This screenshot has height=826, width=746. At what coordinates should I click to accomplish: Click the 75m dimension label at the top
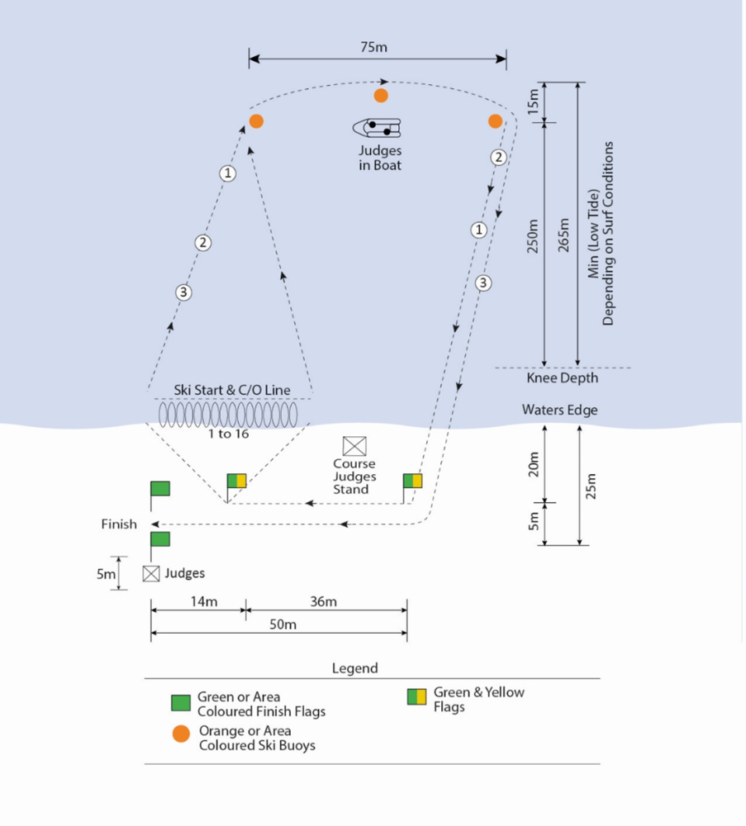tap(375, 47)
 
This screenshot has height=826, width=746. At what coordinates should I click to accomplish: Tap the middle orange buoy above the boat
tap(381, 96)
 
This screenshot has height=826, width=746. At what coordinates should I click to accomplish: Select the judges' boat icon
tap(378, 128)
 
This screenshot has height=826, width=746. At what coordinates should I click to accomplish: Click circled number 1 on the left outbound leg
tap(227, 173)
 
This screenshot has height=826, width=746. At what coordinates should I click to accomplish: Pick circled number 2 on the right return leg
tap(497, 157)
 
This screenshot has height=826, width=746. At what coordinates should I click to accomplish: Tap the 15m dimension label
tap(533, 102)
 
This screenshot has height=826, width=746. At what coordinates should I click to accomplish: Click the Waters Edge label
tap(559, 410)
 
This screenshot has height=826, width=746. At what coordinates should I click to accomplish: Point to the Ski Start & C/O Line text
tap(231, 390)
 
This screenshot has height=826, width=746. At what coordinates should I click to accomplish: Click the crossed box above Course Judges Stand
tap(354, 446)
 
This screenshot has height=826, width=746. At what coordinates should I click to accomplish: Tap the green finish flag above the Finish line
tap(160, 488)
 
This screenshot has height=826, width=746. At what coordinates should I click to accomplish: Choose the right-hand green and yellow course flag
tap(413, 481)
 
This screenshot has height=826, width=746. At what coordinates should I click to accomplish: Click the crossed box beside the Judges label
tap(151, 573)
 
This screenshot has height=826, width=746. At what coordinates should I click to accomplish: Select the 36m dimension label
tap(323, 601)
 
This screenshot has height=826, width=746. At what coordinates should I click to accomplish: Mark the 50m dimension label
tap(283, 624)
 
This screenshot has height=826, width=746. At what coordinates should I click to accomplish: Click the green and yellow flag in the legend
tap(416, 697)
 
